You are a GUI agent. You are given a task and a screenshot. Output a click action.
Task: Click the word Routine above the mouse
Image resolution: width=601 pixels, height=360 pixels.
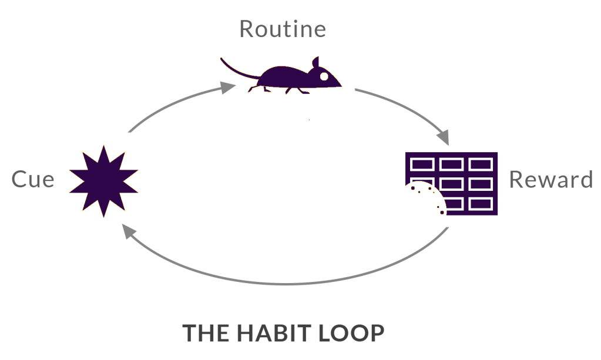(x=282, y=29)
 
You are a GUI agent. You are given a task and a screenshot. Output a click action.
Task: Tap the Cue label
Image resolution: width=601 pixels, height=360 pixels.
(x=33, y=179)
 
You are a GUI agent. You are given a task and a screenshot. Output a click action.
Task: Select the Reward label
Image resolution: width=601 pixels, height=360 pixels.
(x=550, y=179)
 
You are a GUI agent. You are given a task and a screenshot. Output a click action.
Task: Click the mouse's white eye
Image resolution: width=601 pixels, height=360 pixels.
(x=323, y=76)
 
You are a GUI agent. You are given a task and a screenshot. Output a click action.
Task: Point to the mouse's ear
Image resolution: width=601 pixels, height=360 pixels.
(x=315, y=62)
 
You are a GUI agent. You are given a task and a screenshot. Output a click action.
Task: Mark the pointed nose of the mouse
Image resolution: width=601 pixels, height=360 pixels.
(x=340, y=85)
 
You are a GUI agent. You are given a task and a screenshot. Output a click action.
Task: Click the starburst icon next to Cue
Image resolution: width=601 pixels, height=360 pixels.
(x=104, y=180)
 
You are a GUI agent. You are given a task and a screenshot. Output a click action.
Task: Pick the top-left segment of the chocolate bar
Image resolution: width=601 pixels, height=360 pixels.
(x=421, y=163)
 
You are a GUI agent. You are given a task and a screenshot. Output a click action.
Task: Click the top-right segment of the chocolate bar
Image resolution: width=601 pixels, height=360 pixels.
(x=481, y=163)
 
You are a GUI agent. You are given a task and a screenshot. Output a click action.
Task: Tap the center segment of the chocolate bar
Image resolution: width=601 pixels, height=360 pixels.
(x=451, y=183)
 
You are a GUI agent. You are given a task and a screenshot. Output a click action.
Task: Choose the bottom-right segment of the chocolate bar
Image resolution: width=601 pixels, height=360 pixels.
(x=481, y=204)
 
